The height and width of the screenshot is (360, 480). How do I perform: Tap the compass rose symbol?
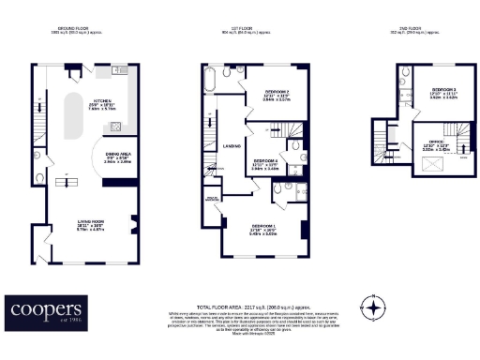coord(375,307)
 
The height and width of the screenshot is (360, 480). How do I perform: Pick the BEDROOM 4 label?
coord(264,161)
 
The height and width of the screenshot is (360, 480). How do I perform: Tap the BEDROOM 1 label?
coord(264,227)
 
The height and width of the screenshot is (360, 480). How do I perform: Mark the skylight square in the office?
coord(433,165)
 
